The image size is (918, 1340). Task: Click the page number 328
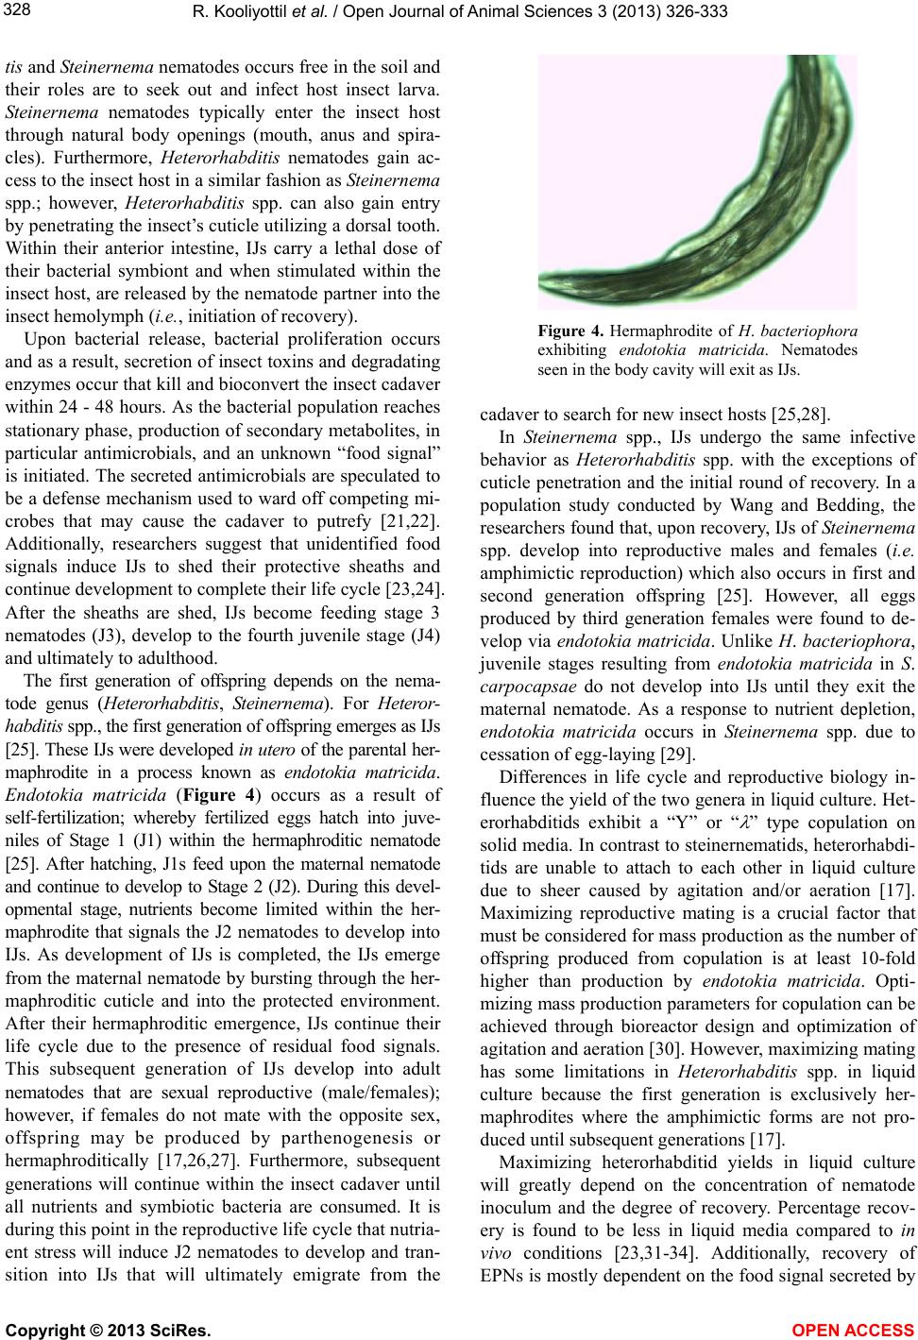[15, 9]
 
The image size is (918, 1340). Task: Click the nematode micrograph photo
[697, 181]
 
